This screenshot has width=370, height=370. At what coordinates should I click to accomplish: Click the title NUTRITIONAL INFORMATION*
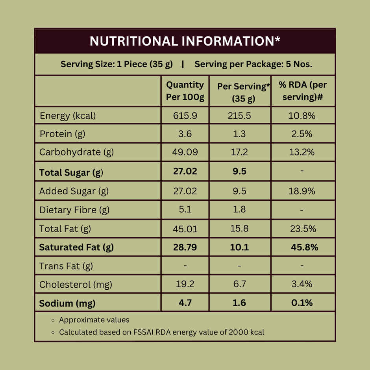pyautogui.click(x=185, y=41)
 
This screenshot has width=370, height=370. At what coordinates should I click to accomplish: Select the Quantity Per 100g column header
pyautogui.click(x=185, y=91)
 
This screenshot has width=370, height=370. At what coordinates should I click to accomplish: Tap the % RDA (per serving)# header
pyautogui.click(x=303, y=91)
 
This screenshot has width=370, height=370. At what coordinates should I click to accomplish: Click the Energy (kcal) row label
pyautogui.click(x=68, y=116)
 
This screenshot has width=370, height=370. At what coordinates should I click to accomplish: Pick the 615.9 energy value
pyautogui.click(x=185, y=116)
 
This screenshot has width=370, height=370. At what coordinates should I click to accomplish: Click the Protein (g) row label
pyautogui.click(x=62, y=134)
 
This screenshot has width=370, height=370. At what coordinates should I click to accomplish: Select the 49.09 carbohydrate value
pyautogui.click(x=185, y=152)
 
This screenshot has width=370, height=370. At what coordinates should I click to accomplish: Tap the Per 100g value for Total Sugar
pyautogui.click(x=185, y=171)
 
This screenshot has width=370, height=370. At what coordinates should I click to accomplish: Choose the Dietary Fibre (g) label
pyautogui.click(x=74, y=210)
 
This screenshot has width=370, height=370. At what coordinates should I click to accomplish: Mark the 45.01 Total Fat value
pyautogui.click(x=185, y=229)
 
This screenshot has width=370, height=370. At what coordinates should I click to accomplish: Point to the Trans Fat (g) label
pyautogui.click(x=66, y=266)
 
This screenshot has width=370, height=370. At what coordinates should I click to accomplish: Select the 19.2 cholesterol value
pyautogui.click(x=185, y=284)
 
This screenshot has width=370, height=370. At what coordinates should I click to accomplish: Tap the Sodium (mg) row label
pyautogui.click(x=67, y=303)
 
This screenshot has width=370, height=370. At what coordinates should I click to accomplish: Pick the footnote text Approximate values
pyautogui.click(x=94, y=320)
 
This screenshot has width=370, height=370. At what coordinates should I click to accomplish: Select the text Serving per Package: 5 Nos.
pyautogui.click(x=253, y=64)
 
